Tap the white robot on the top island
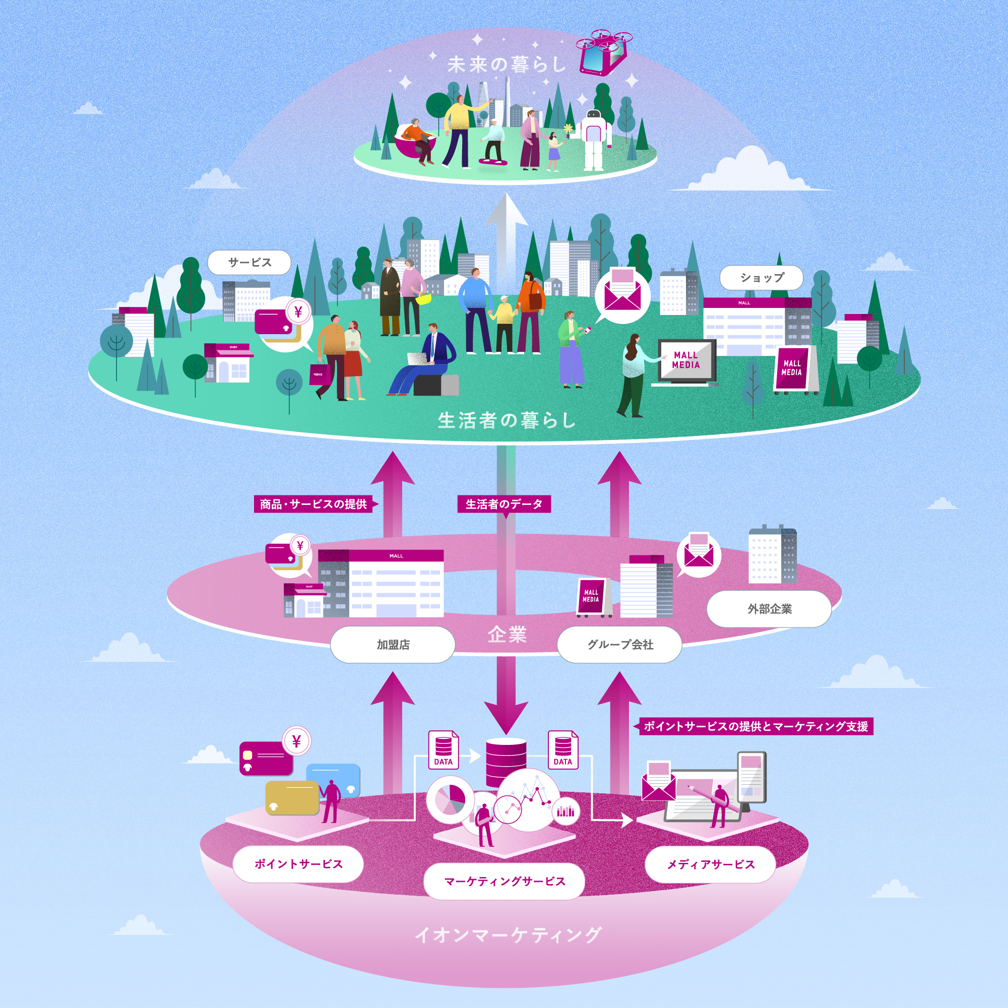(594, 138)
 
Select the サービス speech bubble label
(249, 263)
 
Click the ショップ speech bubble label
(761, 278)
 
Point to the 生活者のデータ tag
(504, 504)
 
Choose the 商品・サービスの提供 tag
(313, 504)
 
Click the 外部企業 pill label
(769, 609)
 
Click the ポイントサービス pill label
(298, 864)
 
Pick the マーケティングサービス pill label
(504, 881)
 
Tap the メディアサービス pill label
(710, 864)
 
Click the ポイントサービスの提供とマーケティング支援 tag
(756, 726)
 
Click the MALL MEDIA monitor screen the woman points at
(685, 360)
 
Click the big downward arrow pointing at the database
(506, 699)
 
